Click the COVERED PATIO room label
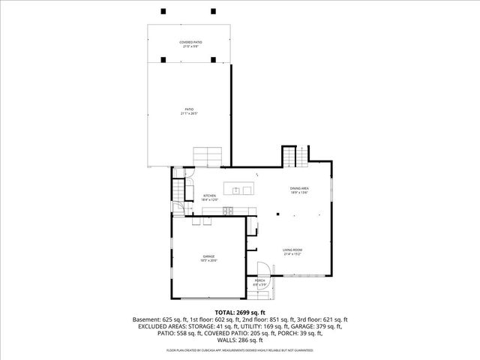pyautogui.click(x=190, y=42)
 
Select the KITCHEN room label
pyautogui.click(x=209, y=196)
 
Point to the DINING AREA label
pyautogui.click(x=300, y=188)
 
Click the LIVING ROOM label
pyautogui.click(x=292, y=250)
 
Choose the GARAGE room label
pyautogui.click(x=208, y=256)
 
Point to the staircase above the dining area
pyautogui.click(x=291, y=157)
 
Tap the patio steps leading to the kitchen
pyautogui.click(x=208, y=156)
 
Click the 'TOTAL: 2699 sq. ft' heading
pyautogui.click(x=240, y=312)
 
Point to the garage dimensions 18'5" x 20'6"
pyautogui.click(x=208, y=261)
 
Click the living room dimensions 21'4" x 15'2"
pyautogui.click(x=292, y=254)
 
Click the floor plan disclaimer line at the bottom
pyautogui.click(x=240, y=349)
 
